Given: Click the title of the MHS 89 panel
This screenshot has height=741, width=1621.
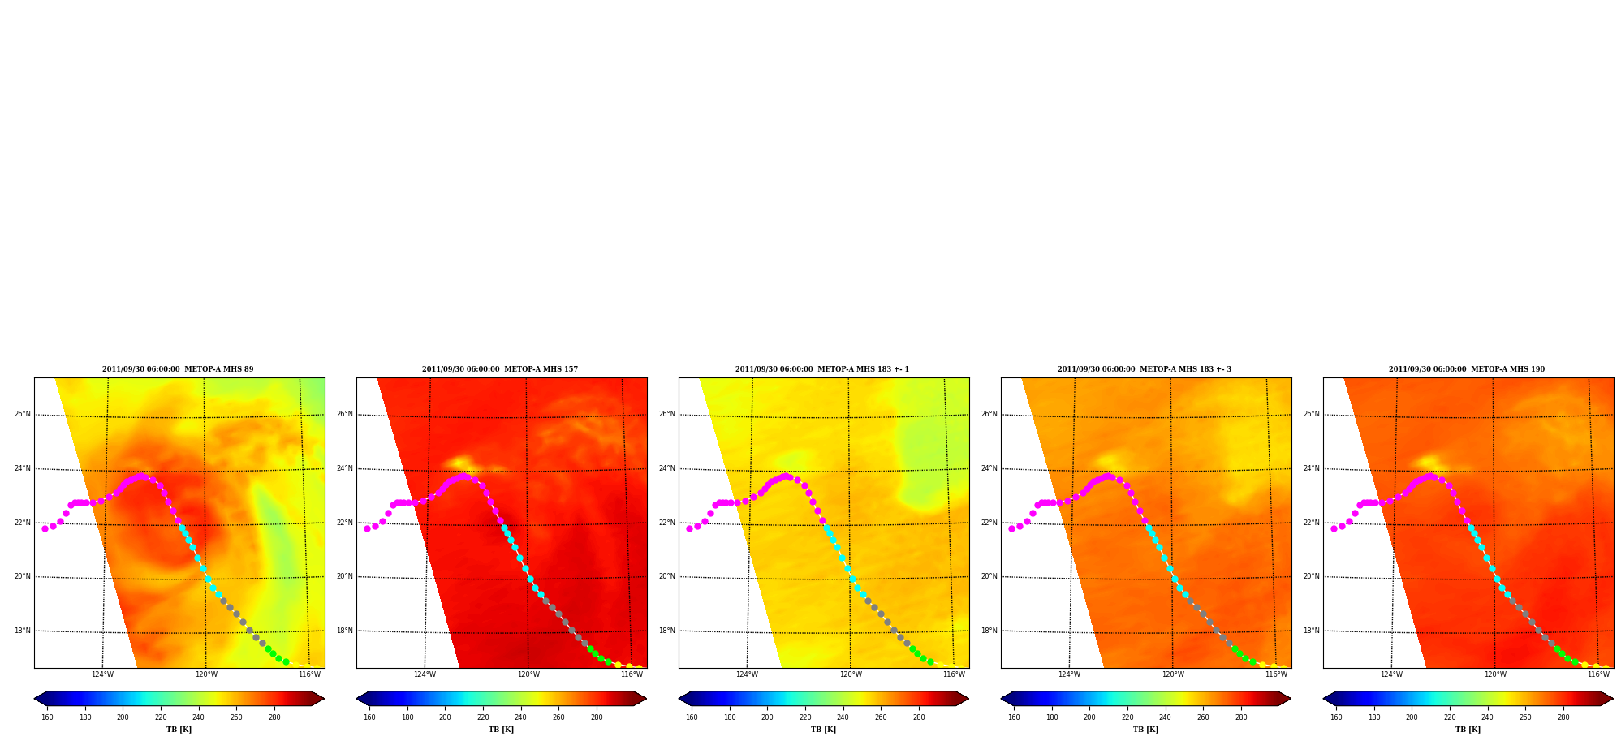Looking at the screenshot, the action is click(x=178, y=369).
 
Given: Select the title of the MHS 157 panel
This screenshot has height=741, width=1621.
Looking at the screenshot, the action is click(x=500, y=369).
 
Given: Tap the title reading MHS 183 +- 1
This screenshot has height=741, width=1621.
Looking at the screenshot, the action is click(x=822, y=369).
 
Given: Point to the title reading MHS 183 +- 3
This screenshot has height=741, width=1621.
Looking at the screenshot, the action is click(x=1145, y=369).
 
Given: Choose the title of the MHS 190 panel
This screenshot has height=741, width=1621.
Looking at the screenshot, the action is click(x=1467, y=369).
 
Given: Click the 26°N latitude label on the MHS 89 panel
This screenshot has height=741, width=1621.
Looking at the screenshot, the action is click(x=22, y=414).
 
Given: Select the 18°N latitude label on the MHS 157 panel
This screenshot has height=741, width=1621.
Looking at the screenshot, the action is click(x=344, y=631).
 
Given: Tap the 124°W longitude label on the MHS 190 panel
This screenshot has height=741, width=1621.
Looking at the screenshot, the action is click(x=1391, y=674).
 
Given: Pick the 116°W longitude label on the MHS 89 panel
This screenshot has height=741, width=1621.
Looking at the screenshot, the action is click(x=309, y=674).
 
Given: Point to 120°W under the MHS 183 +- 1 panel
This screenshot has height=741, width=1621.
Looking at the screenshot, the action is click(x=851, y=674).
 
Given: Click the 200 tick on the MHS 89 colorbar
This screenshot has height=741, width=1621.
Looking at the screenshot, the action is click(x=123, y=717).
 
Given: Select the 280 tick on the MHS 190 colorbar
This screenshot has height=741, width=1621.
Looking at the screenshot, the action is click(x=1563, y=717).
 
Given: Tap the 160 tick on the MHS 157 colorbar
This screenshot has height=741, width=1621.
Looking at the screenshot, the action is click(x=369, y=717).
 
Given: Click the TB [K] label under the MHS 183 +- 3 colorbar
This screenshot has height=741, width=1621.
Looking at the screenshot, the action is click(x=1145, y=730).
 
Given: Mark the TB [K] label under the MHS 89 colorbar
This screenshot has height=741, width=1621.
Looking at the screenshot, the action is click(x=179, y=730).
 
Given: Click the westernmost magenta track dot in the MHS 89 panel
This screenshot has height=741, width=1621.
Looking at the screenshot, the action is click(x=45, y=528).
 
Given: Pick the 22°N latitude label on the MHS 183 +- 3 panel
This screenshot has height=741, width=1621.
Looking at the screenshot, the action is click(x=989, y=523).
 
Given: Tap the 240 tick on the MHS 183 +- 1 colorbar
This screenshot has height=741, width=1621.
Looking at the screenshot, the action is click(x=843, y=717).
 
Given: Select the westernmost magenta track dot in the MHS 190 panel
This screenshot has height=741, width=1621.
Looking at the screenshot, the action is click(x=1334, y=528).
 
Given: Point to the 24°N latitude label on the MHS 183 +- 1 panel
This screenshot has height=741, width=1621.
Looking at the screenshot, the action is click(x=666, y=468).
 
